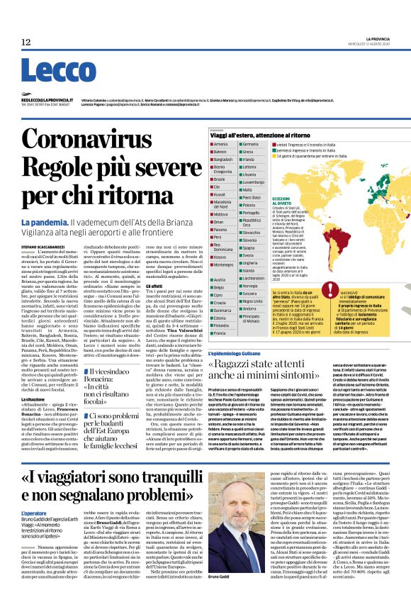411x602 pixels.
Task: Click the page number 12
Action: [26, 43]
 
